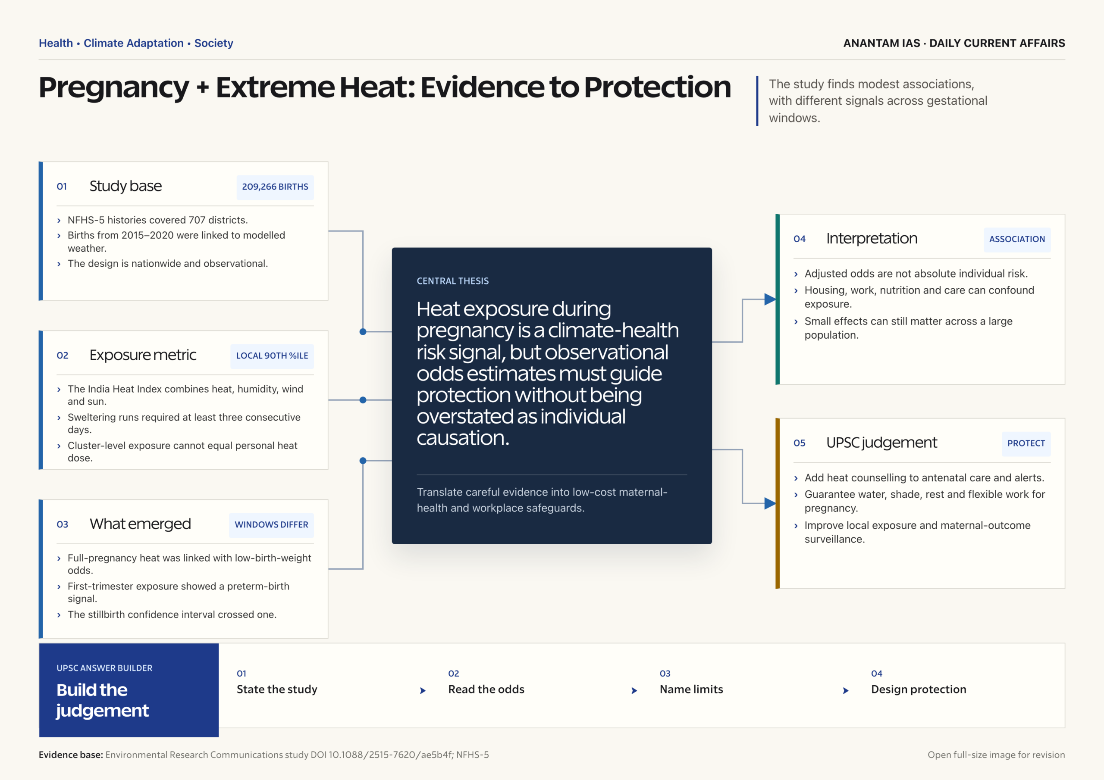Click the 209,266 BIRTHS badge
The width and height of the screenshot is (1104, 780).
[x=275, y=187]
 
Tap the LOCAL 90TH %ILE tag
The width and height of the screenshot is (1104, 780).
[x=272, y=356]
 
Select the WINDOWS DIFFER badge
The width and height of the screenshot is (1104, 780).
[x=271, y=525]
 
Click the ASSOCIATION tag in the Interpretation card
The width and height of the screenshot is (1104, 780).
[x=1017, y=239]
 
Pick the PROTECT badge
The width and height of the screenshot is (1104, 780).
[x=1026, y=443]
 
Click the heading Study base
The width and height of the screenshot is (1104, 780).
[x=125, y=187]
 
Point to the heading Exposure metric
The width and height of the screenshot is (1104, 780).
[x=143, y=355]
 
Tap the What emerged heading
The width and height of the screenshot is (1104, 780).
[x=140, y=524]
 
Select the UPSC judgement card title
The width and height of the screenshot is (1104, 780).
[x=881, y=443]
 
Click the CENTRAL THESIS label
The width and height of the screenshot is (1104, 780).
[x=452, y=281]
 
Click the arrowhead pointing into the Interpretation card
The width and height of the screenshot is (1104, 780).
[x=770, y=300]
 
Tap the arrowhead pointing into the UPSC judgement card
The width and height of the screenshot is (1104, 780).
[x=770, y=504]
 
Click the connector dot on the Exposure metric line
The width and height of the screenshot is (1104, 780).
[x=363, y=400]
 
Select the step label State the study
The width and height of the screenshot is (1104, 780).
[x=277, y=690]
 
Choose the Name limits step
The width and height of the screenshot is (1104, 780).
[x=691, y=690]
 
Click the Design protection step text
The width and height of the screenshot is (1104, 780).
[x=919, y=690]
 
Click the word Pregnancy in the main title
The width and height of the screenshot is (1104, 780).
[x=114, y=88]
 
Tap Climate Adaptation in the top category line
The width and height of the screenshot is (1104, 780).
[x=134, y=43]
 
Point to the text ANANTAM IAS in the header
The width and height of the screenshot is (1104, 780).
[x=882, y=43]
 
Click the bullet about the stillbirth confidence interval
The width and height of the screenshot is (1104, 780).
[x=172, y=615]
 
